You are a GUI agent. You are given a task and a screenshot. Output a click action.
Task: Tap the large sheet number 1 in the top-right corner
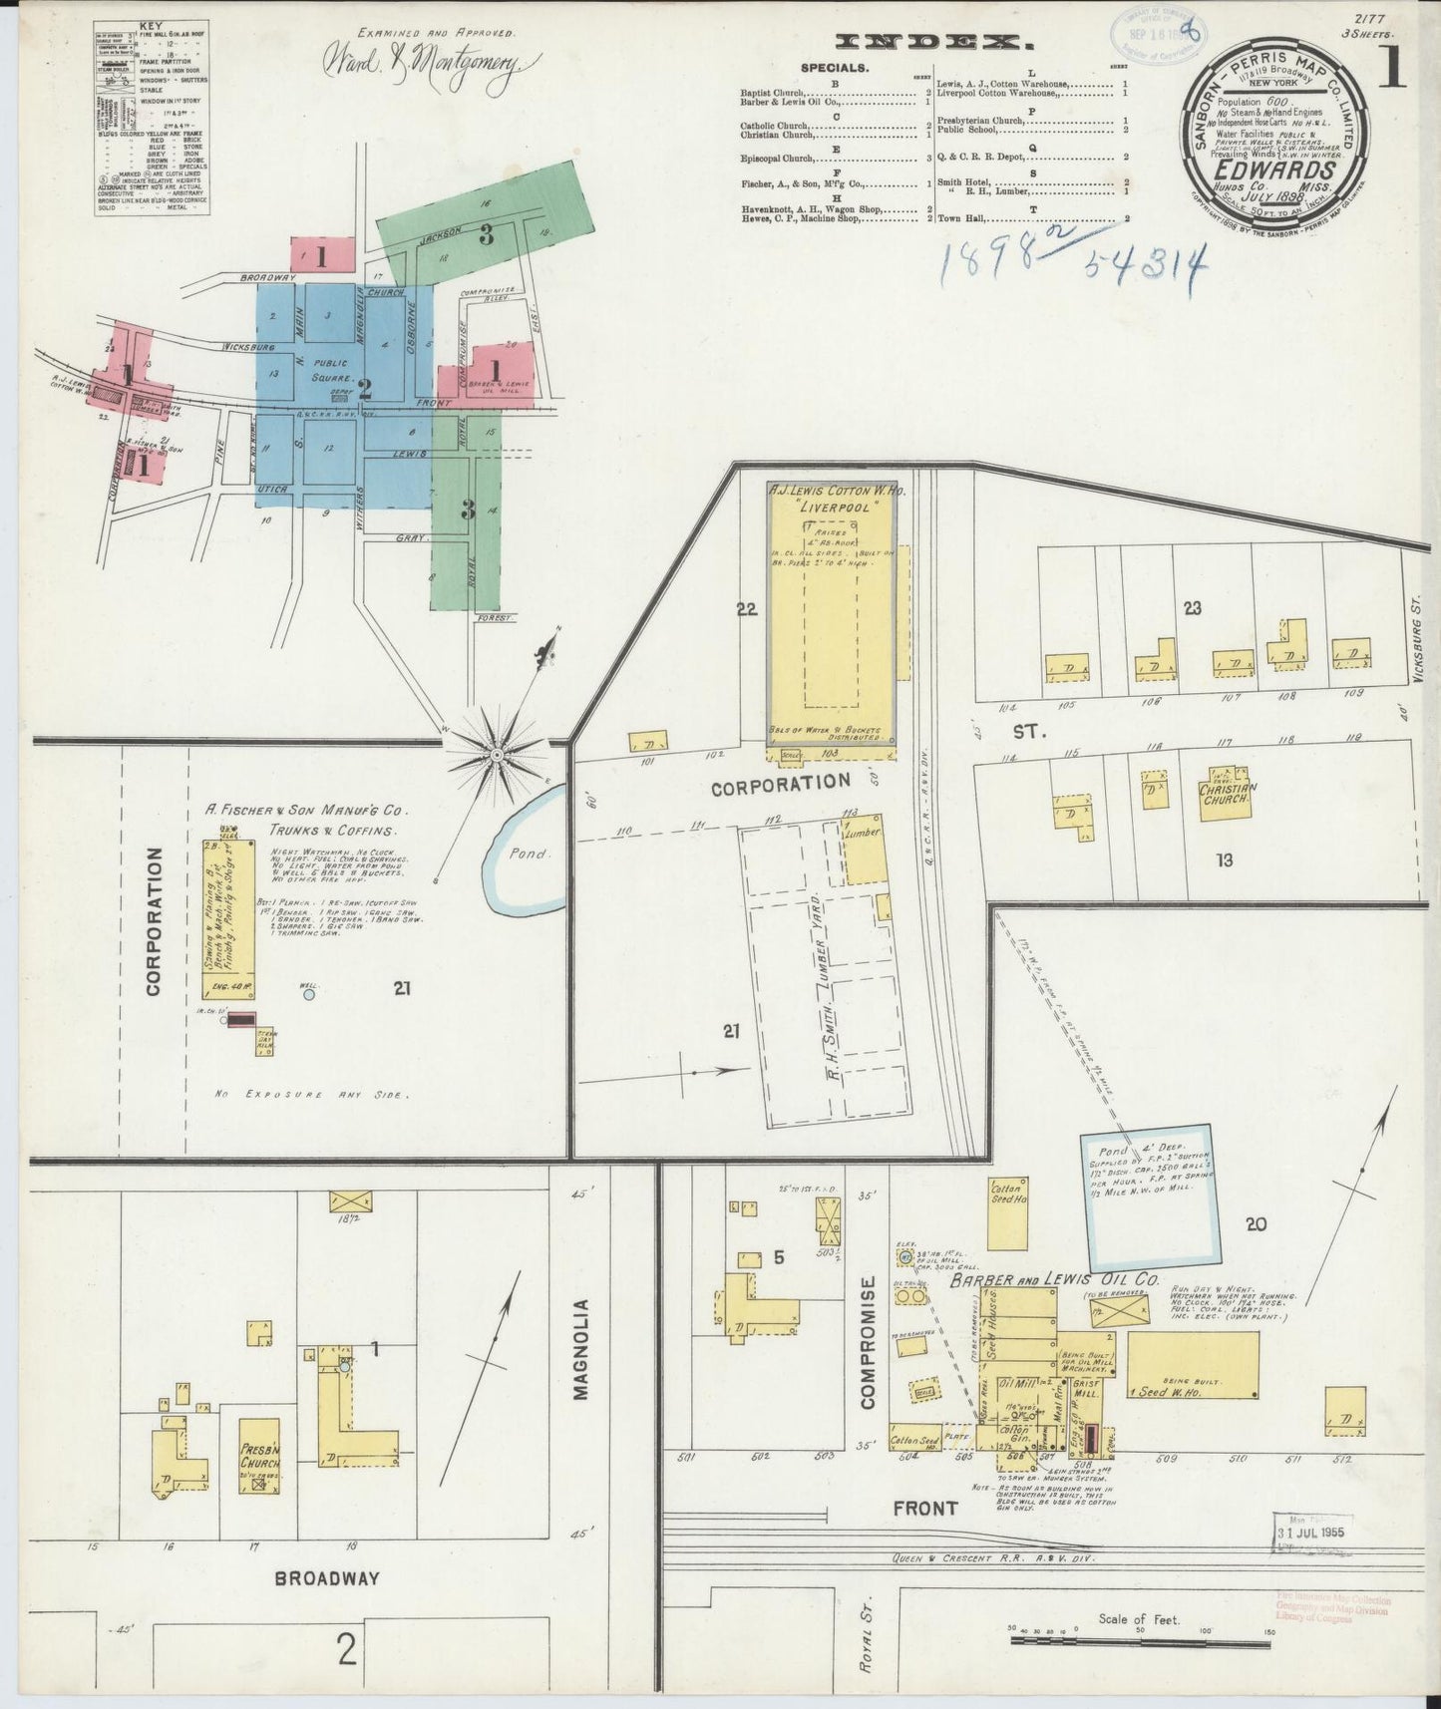coord(1392,67)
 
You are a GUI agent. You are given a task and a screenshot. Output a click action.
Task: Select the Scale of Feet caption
coord(1138,1619)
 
